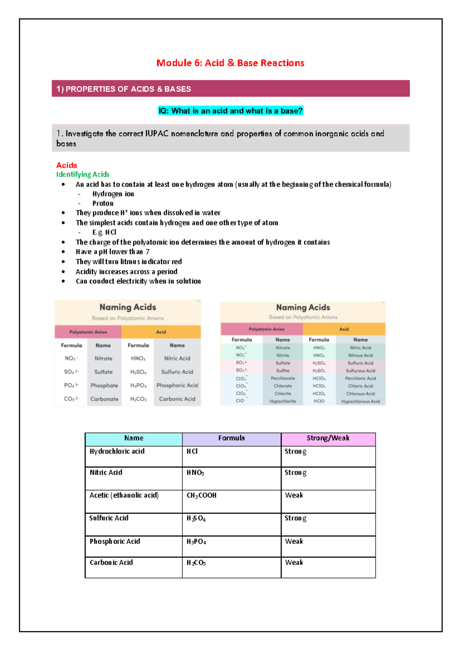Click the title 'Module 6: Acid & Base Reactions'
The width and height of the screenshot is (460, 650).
(x=230, y=63)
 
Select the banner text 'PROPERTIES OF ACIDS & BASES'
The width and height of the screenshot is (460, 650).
(x=128, y=89)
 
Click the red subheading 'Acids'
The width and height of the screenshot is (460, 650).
(x=67, y=165)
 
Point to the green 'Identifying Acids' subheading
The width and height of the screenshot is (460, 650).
(x=83, y=174)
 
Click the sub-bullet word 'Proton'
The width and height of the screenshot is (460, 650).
(x=103, y=203)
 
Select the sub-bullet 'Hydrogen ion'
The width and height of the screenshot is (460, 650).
(x=113, y=194)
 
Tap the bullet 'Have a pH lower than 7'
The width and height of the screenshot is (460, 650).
(x=112, y=252)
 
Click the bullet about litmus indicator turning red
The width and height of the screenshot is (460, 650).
(x=128, y=261)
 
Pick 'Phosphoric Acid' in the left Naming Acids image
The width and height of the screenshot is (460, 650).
(x=177, y=385)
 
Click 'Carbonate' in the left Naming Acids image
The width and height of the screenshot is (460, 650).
(x=104, y=398)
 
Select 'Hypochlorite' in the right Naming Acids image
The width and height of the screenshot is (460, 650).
(x=283, y=401)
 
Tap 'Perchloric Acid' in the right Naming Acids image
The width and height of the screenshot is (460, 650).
(x=360, y=378)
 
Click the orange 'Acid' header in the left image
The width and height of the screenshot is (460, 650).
(x=161, y=332)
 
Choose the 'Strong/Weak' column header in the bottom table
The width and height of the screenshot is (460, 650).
(x=328, y=438)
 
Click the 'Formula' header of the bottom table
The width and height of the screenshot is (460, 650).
(x=231, y=438)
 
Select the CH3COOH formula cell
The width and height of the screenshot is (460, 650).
(x=202, y=495)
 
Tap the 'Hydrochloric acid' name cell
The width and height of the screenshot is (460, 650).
(x=117, y=451)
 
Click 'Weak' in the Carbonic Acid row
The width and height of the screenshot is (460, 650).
(x=294, y=562)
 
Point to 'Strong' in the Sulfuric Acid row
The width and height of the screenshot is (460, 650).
(x=295, y=518)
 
